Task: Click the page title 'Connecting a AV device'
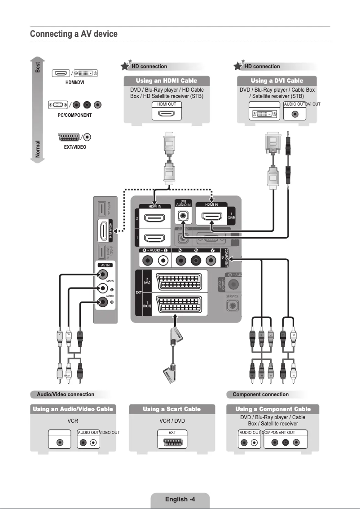pos(74,34)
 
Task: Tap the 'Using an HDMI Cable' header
pos(167,80)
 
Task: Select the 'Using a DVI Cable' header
pos(277,80)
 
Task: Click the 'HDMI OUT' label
pos(167,104)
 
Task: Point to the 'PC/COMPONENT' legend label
pos(75,115)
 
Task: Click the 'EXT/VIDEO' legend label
pos(75,147)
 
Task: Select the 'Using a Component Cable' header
pos(273,409)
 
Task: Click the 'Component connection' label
pos(260,394)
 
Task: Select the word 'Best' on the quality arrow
pos(38,67)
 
